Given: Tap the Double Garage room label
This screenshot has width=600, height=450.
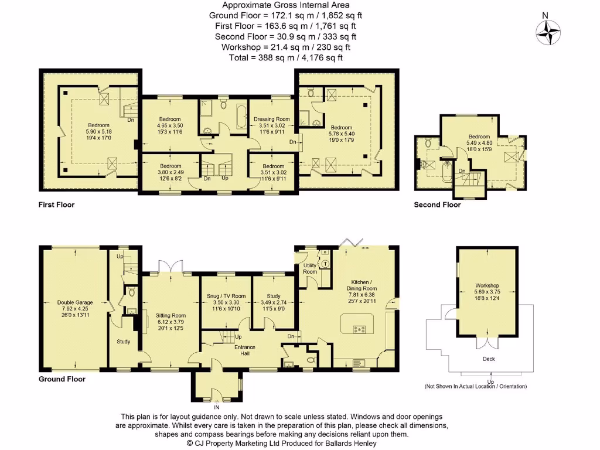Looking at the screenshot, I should [x=75, y=302].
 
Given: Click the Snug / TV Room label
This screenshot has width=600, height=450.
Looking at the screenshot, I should [x=226, y=296].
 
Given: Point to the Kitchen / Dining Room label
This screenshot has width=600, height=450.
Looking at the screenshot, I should [x=360, y=285].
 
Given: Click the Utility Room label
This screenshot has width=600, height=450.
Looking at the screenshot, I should [x=310, y=268].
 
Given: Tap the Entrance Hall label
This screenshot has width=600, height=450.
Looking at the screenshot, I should [x=245, y=350].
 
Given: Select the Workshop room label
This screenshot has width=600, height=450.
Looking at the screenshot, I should [x=487, y=286].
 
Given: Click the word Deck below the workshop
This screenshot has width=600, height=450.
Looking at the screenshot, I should [x=489, y=359].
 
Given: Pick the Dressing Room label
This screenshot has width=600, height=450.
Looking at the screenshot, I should [x=272, y=119].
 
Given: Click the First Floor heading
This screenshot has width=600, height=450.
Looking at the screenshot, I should [x=56, y=205].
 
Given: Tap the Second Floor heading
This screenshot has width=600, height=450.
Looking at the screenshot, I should [x=438, y=205].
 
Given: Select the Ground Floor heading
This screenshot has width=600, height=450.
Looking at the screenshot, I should [x=62, y=379].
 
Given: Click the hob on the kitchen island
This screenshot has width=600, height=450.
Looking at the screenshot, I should [x=359, y=329].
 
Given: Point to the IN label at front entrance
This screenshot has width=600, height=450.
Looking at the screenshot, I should [x=216, y=407].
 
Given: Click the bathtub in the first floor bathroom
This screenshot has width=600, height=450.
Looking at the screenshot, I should [x=241, y=117].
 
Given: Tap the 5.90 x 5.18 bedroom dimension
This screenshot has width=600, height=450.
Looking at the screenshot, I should [x=99, y=131].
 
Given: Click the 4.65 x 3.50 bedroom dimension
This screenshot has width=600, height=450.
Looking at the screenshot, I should [x=170, y=125].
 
